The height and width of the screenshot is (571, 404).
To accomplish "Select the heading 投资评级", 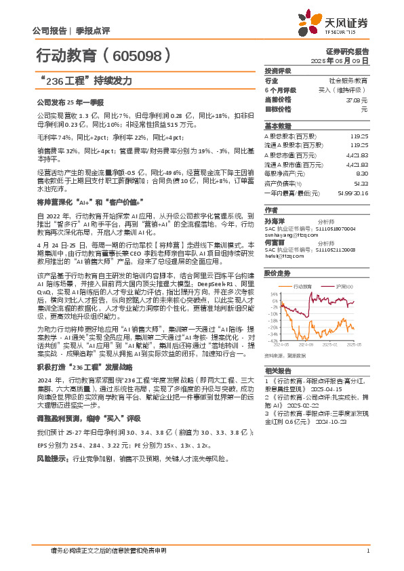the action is pos(278,71).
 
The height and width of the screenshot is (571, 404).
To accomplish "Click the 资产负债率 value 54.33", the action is pos(361,183).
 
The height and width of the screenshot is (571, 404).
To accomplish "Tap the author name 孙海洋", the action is pos(275,221).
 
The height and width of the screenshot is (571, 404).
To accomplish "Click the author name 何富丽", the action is pos(275,241).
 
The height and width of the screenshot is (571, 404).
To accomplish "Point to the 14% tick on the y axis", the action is pos(274,294).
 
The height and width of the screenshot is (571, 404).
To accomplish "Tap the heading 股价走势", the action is pos(278,273).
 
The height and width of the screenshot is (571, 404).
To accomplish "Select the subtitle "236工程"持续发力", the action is pos(84,81).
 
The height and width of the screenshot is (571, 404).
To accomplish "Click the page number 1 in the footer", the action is pos(367,550).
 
